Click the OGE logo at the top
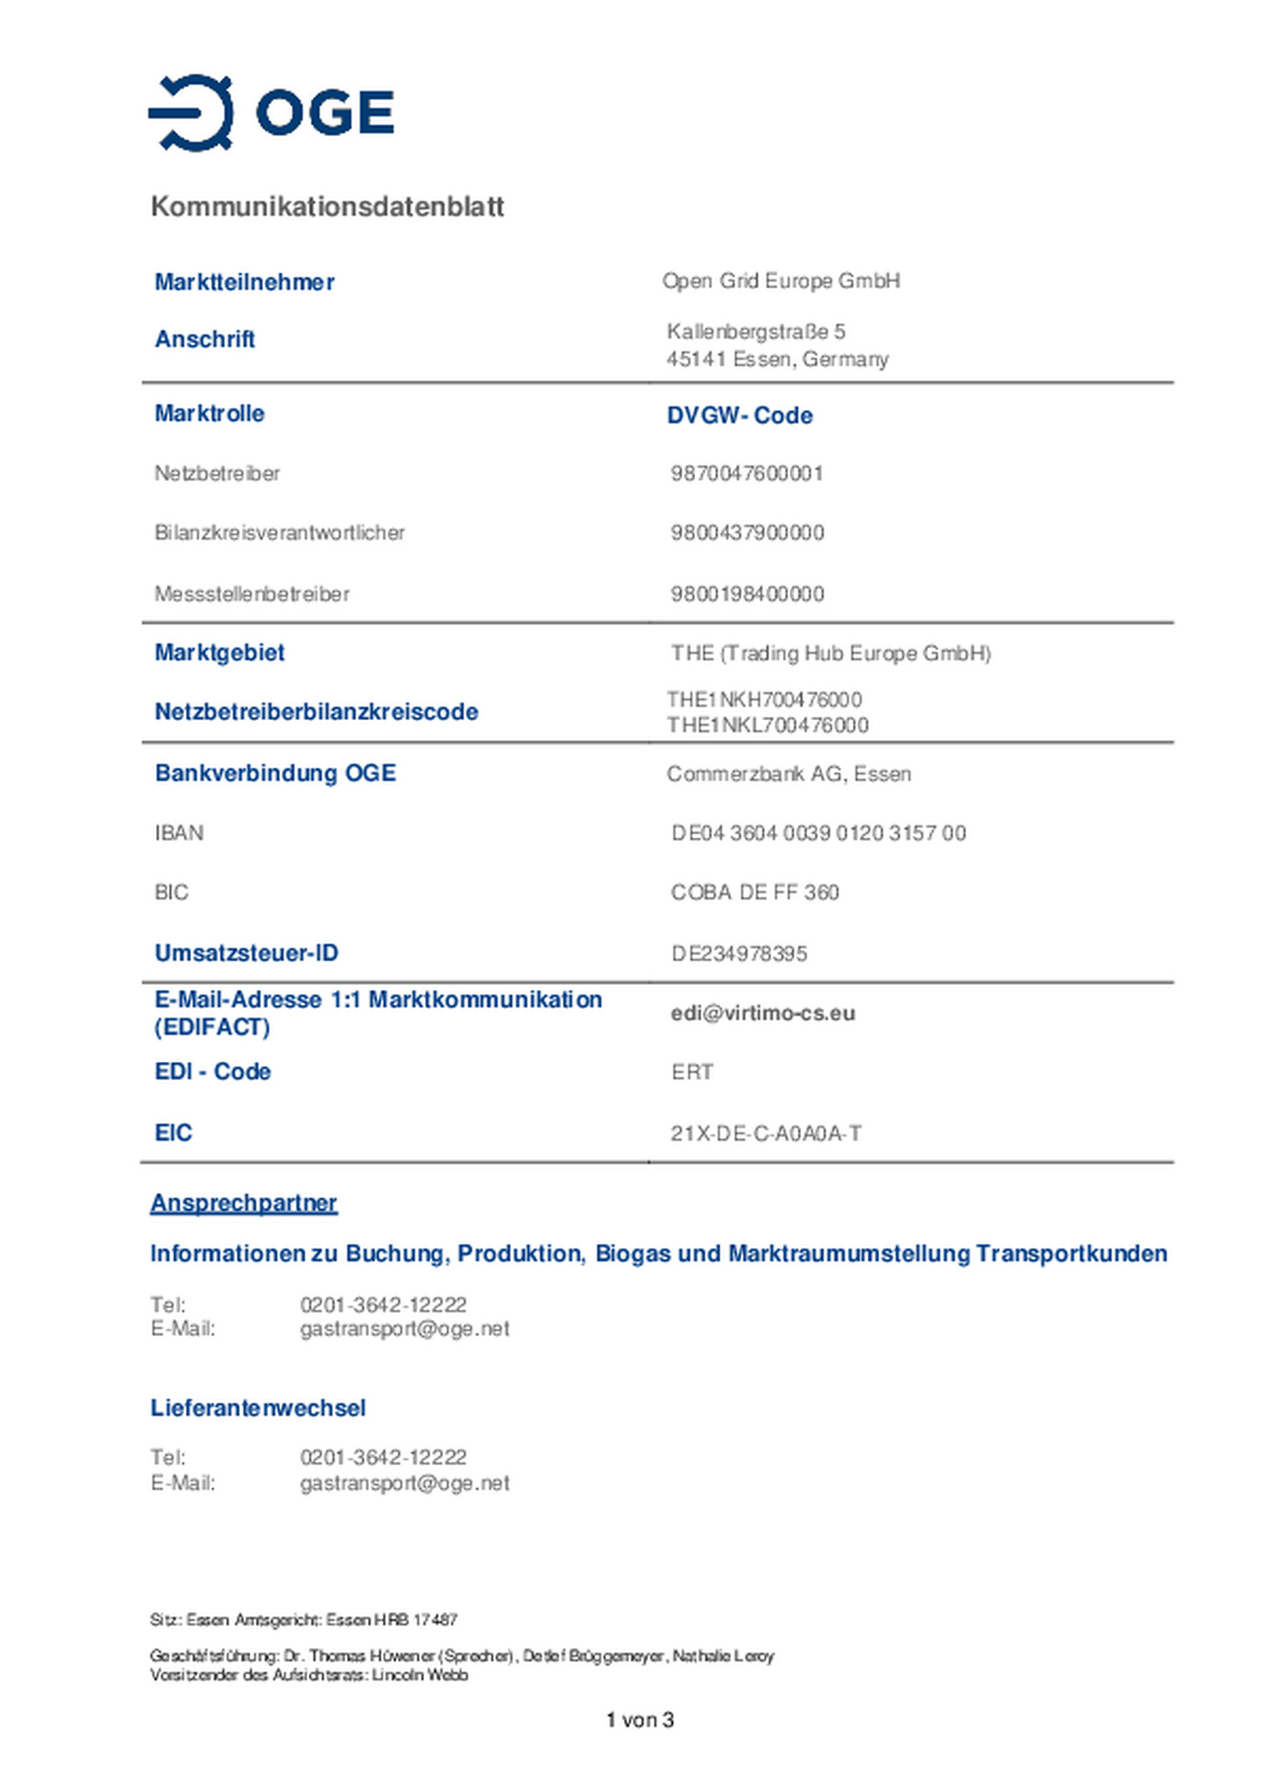click(271, 113)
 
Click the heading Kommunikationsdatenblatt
click(327, 207)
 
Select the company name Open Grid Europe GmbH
click(781, 281)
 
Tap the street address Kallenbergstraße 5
click(755, 332)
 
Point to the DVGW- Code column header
click(739, 415)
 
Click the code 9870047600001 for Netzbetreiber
click(747, 474)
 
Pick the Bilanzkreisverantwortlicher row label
click(280, 533)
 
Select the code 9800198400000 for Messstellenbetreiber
click(747, 594)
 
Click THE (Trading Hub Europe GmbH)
click(830, 654)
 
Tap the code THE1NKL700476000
click(768, 725)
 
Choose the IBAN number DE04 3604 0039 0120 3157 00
click(819, 833)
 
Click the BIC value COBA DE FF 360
click(755, 893)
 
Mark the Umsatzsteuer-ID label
click(246, 953)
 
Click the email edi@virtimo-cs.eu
click(762, 1014)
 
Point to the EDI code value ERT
click(692, 1072)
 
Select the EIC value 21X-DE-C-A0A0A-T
click(766, 1134)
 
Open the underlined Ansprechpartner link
click(244, 1203)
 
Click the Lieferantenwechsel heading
click(258, 1408)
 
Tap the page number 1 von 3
click(640, 1720)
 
